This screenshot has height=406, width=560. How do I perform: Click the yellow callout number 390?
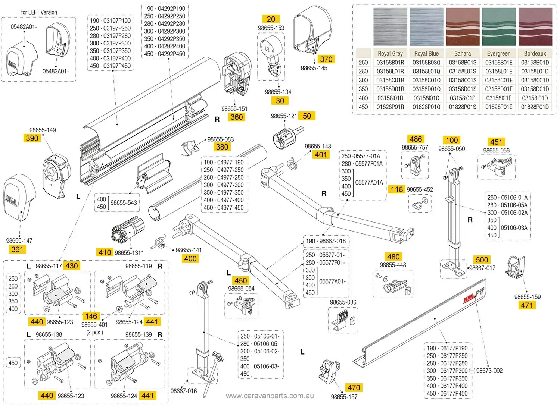click(32, 138)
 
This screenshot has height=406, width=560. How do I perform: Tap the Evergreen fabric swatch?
click(498, 26)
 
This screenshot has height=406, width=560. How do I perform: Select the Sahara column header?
click(463, 53)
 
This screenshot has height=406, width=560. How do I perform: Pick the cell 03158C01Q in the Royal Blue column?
click(426, 80)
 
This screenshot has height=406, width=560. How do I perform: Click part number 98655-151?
click(234, 109)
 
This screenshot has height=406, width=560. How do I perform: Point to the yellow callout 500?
click(482, 259)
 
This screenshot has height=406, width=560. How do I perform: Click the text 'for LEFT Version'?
click(39, 12)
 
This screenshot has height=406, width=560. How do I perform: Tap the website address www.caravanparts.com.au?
click(270, 396)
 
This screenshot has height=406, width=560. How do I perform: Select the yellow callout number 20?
click(271, 19)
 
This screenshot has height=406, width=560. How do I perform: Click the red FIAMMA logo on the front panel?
click(469, 298)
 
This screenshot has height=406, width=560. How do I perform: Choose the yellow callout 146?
click(91, 316)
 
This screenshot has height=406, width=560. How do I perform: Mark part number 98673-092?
click(489, 371)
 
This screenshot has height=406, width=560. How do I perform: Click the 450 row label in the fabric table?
click(363, 107)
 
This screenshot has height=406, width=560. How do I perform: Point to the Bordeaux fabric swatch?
click(535, 26)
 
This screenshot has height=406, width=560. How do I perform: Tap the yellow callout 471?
click(527, 305)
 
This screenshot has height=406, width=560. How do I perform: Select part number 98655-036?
click(343, 302)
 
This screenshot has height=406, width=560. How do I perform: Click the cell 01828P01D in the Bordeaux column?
click(535, 107)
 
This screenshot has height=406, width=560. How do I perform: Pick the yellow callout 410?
click(105, 252)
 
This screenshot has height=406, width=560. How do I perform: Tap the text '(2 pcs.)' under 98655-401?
click(94, 332)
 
